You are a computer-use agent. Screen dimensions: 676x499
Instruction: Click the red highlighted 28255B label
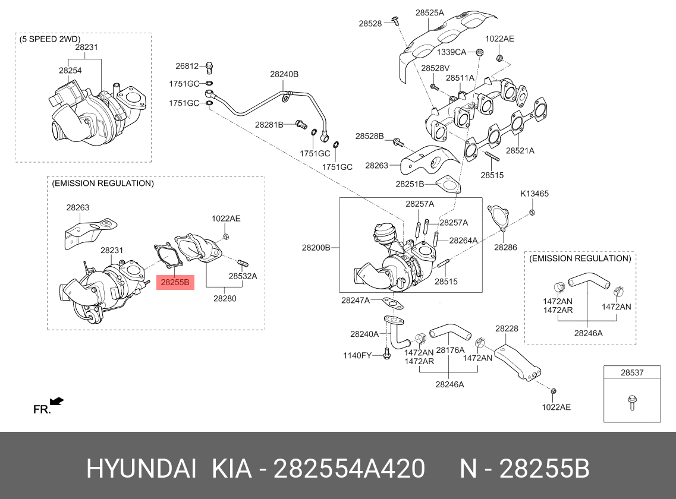point(175,282)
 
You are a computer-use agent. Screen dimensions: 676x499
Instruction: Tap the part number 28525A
point(429,13)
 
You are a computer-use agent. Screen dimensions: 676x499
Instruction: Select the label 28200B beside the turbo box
point(316,247)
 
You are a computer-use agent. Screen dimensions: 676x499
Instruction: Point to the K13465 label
point(534,194)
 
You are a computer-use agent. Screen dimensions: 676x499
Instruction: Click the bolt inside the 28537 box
point(631,403)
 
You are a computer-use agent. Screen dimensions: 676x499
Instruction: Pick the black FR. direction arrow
point(56,402)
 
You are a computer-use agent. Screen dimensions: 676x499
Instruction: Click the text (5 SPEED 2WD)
point(50,39)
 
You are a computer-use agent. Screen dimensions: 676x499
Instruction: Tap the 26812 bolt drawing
point(209,67)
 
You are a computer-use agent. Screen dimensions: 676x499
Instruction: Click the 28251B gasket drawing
point(448,184)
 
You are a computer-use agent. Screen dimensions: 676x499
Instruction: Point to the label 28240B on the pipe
point(284,74)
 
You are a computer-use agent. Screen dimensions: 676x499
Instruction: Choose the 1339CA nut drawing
point(479,52)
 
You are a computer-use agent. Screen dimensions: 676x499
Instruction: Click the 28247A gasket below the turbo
point(393,304)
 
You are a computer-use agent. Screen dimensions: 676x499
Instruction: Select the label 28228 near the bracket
point(507,329)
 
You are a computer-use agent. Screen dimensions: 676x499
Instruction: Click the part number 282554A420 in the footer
point(349,469)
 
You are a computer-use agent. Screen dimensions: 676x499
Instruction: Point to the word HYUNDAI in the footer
point(142,469)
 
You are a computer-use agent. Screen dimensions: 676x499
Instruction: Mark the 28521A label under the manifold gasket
point(520,150)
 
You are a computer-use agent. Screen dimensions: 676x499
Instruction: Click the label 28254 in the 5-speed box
point(70,70)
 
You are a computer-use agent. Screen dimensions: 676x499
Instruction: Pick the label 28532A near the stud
point(243,276)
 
